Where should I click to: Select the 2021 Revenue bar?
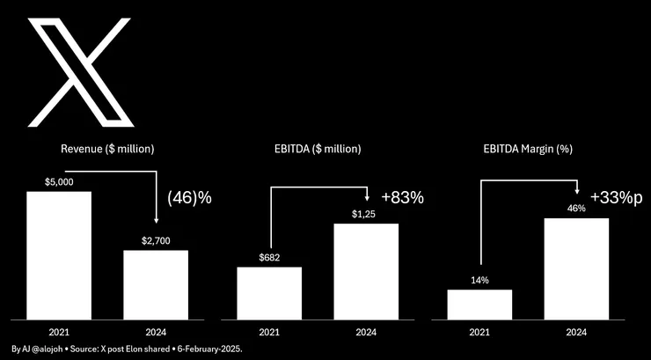pyautogui.click(x=59, y=254)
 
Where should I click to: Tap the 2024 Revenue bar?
pyautogui.click(x=155, y=283)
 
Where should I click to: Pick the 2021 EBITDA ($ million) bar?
pyautogui.click(x=269, y=292)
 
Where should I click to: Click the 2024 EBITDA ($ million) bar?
pyautogui.click(x=366, y=270)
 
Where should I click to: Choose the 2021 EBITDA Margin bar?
pyautogui.click(x=479, y=304)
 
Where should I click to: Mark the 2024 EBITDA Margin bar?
pyautogui.click(x=576, y=268)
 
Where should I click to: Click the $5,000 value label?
pyautogui.click(x=59, y=182)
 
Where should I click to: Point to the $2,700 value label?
pyautogui.click(x=155, y=240)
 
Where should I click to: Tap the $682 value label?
pyautogui.click(x=269, y=257)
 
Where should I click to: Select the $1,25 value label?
pyautogui.click(x=366, y=214)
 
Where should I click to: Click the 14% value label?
pyautogui.click(x=479, y=280)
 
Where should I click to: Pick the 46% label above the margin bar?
pyautogui.click(x=576, y=209)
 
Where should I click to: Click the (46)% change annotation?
pyautogui.click(x=190, y=198)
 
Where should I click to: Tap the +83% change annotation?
pyautogui.click(x=403, y=197)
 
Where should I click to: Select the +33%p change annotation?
pyautogui.click(x=616, y=196)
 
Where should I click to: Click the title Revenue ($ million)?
pyautogui.click(x=107, y=149)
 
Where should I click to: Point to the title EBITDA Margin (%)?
pyautogui.click(x=528, y=149)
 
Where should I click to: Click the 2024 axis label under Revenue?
pyautogui.click(x=155, y=332)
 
